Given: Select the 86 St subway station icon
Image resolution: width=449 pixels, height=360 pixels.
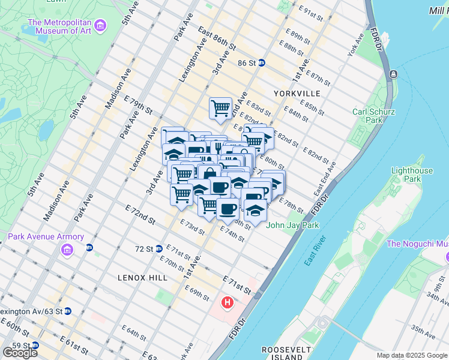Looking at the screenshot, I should [x=262, y=62].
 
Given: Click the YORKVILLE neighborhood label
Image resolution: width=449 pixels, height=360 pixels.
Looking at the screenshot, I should [x=297, y=94].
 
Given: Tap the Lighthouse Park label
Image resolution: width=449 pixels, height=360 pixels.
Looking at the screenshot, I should [x=412, y=175].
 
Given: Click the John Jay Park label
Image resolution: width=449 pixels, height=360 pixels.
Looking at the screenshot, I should [x=292, y=225].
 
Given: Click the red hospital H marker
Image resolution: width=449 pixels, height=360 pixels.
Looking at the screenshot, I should [x=227, y=302].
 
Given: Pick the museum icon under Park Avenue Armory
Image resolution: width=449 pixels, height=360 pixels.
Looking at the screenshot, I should [x=66, y=249].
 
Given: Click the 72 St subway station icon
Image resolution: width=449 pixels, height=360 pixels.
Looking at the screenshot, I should [x=159, y=248].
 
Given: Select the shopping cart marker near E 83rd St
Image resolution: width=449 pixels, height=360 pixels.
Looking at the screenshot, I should [x=220, y=109].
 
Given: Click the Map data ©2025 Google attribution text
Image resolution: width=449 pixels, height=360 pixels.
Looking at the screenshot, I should [x=412, y=355].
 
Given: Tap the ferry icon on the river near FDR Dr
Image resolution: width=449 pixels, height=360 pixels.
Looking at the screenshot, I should [x=393, y=74].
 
